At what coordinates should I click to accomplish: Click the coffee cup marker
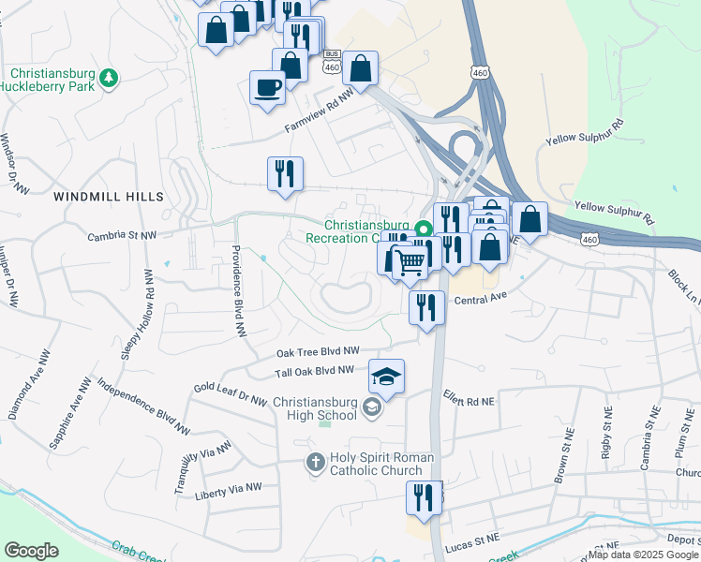267,88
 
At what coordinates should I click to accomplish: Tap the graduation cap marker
386,377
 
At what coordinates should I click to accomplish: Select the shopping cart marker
409,262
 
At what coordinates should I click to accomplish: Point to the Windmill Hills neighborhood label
109,197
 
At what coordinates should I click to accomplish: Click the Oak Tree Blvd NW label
319,352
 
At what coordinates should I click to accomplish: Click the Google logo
31,551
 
